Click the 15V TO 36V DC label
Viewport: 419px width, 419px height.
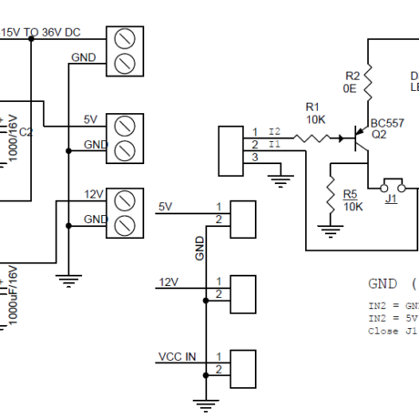coord(41,32)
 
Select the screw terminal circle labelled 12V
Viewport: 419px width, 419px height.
coord(125,199)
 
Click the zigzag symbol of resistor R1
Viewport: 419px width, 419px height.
coord(313,139)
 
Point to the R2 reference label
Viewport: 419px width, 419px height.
coord(353,75)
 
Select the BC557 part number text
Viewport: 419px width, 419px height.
coord(387,122)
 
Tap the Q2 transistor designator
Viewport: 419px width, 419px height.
coord(379,134)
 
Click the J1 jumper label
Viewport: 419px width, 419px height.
coord(391,199)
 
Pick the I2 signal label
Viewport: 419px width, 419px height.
coord(275,133)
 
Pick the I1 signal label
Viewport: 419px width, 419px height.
coord(275,145)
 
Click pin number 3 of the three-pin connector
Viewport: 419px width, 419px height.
coord(255,158)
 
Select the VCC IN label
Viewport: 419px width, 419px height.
coord(178,356)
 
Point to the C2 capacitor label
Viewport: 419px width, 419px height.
coord(26,132)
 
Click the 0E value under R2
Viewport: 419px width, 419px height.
coord(350,88)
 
